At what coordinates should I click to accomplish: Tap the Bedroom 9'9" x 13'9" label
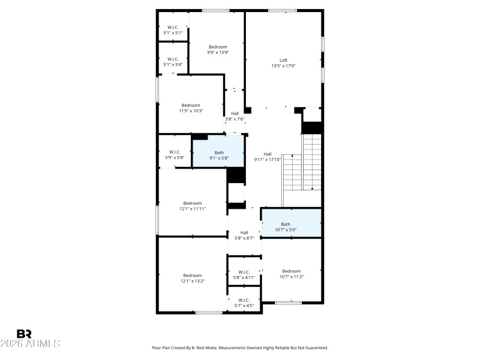(x=218, y=50)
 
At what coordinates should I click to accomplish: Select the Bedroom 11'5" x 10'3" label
(x=191, y=108)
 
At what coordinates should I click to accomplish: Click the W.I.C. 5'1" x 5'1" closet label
(x=173, y=30)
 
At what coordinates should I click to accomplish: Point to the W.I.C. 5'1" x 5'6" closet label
(x=173, y=61)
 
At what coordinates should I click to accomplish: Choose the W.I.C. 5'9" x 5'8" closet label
(x=175, y=155)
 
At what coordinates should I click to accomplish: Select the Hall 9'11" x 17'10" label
(x=268, y=157)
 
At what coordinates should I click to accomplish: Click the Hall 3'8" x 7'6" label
(x=235, y=116)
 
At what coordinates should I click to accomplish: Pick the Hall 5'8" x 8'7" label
(x=244, y=235)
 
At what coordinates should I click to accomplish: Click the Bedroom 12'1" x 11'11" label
(x=193, y=206)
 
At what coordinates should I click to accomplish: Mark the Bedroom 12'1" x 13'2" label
(x=193, y=278)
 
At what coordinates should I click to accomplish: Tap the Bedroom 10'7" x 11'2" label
(x=291, y=274)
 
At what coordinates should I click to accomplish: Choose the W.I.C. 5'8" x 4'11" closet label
(x=244, y=275)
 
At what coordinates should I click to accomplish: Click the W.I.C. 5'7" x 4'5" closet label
(x=244, y=302)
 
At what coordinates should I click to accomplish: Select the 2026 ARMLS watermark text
(x=30, y=344)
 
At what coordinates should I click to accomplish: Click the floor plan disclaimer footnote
(x=240, y=347)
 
